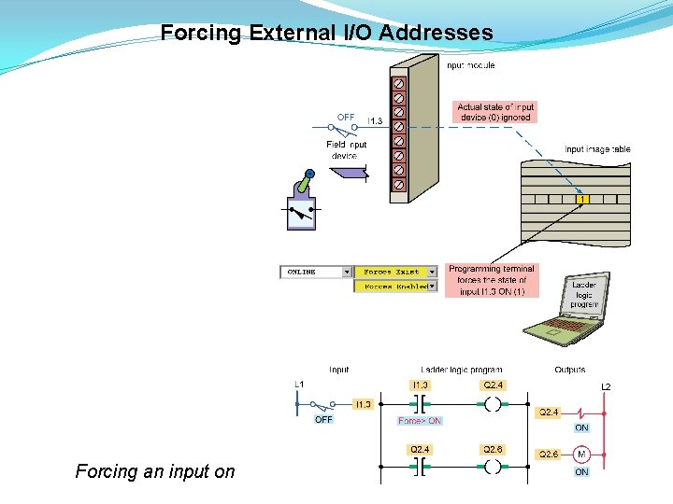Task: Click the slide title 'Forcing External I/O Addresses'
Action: click(x=326, y=34)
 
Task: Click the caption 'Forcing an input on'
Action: click(x=155, y=472)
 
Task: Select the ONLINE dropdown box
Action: click(x=316, y=272)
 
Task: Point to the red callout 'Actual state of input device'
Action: click(x=495, y=112)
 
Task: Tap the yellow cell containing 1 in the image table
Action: click(x=581, y=199)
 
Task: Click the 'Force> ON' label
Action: click(x=420, y=421)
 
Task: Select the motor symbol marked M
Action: click(x=581, y=455)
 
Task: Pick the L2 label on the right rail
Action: click(x=606, y=386)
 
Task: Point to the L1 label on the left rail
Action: click(x=299, y=384)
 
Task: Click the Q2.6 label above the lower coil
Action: click(x=493, y=449)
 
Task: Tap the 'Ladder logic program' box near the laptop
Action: click(x=584, y=294)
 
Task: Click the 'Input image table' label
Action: click(x=597, y=149)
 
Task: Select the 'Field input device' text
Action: click(x=346, y=150)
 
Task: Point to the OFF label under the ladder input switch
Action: click(x=323, y=420)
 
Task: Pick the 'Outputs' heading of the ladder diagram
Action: click(x=569, y=370)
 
